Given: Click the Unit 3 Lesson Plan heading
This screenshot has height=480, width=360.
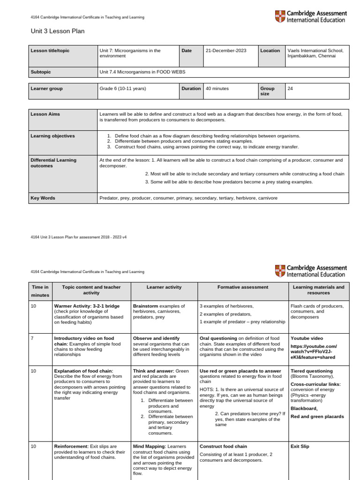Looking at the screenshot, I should (x=58, y=31).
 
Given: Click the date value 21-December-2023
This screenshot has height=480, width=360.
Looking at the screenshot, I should (x=225, y=51).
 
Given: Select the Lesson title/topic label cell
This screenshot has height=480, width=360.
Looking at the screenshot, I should (x=50, y=51).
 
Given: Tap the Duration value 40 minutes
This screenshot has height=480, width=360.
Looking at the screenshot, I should (x=217, y=88).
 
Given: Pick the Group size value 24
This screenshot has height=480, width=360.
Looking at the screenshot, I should (x=290, y=88).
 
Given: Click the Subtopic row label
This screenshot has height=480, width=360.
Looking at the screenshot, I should (x=40, y=72).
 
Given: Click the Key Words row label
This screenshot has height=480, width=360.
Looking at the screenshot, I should (x=43, y=198).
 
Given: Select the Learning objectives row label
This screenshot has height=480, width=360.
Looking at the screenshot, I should (x=52, y=136).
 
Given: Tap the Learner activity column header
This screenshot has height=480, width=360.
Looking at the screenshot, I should (x=164, y=287).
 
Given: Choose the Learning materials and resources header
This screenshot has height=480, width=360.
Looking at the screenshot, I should (x=318, y=290).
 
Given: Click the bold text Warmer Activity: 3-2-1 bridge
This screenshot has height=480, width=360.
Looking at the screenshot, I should (x=87, y=306).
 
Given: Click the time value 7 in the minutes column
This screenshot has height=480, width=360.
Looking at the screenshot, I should (x=32, y=338).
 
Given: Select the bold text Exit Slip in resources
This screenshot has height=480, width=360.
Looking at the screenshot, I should (x=300, y=446).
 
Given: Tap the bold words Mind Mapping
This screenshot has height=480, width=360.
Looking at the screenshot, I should (x=149, y=446).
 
